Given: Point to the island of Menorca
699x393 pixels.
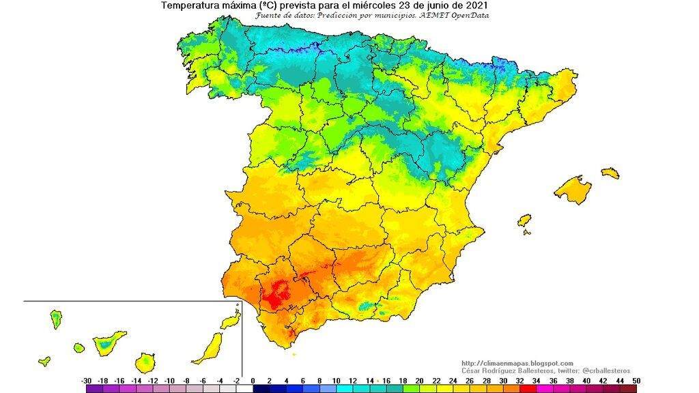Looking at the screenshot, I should [610, 173].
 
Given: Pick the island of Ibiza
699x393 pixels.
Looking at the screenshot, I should [524, 220].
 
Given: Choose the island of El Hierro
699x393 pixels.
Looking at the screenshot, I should [44, 361].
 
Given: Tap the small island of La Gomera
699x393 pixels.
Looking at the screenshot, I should [79, 348].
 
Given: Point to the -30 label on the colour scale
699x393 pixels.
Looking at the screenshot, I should [87, 380].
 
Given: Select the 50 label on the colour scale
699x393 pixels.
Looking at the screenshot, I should [636, 380].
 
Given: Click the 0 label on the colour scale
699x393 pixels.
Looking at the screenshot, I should [253, 380].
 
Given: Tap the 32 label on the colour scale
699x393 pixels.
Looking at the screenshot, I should [519, 380].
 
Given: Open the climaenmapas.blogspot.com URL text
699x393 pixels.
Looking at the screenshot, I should [517, 363].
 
